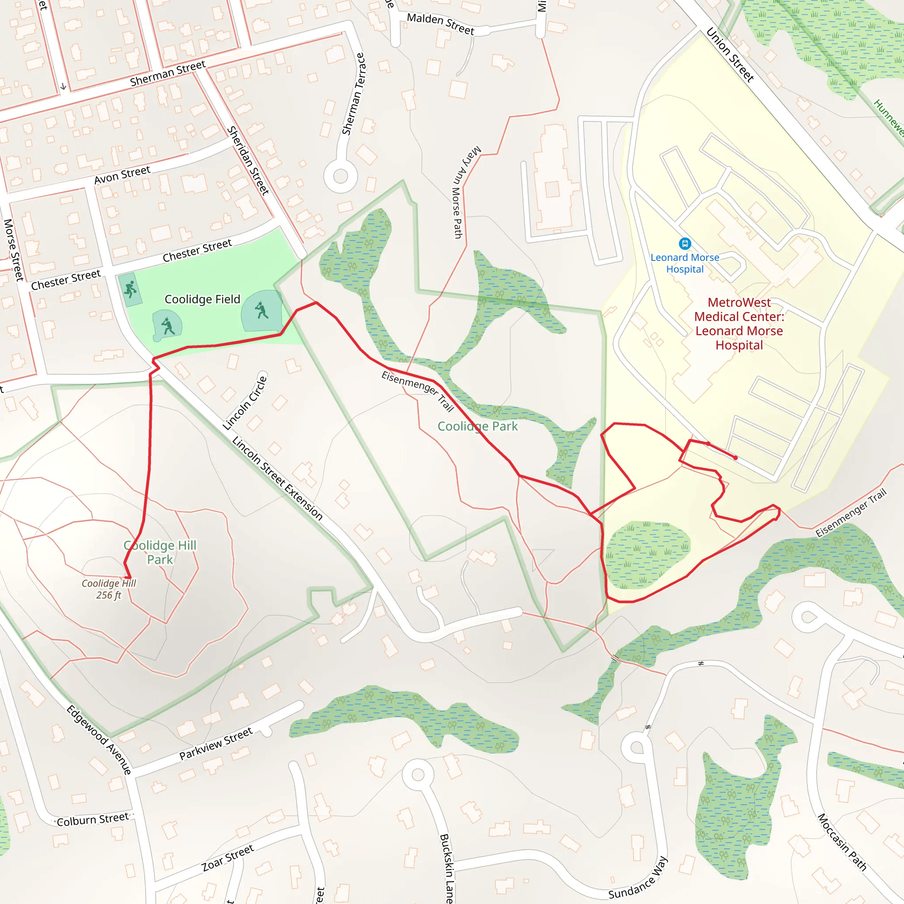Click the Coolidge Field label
pos(202,299)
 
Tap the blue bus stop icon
pos(685,243)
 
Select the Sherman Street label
pos(167,73)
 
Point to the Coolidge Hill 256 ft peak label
pos(109,589)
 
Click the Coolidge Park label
pos(477,426)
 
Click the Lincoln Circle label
pos(245,403)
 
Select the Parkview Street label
pos(216,743)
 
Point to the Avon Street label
pos(122,175)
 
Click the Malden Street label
pos(440,24)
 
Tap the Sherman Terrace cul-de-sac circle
pos(341,177)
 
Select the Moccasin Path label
pos(842,842)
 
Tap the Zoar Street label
pos(228,858)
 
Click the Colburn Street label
pos(93,819)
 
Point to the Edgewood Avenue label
pos(99,740)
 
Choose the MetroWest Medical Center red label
pos(739,324)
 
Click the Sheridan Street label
pos(248,161)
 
